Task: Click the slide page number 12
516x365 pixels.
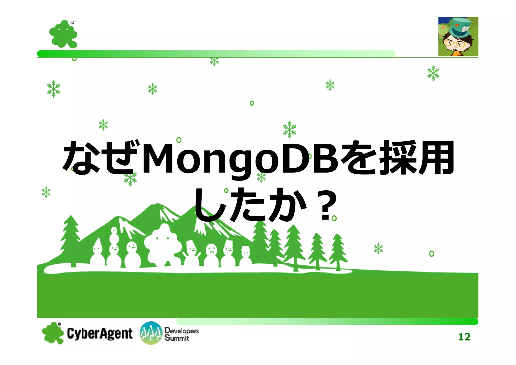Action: pos(464,337)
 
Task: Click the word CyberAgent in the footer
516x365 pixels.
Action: pos(100,333)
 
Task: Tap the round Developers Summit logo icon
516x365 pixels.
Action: pos(151,333)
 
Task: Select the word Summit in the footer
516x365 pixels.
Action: pos(177,338)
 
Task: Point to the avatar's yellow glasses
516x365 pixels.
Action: pos(455,44)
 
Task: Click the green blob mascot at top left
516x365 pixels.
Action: pos(63,34)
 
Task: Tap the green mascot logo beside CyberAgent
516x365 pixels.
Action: pos(53,333)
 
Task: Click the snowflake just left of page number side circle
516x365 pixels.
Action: pos(378,249)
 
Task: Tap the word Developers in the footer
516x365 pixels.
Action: pos(181,330)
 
